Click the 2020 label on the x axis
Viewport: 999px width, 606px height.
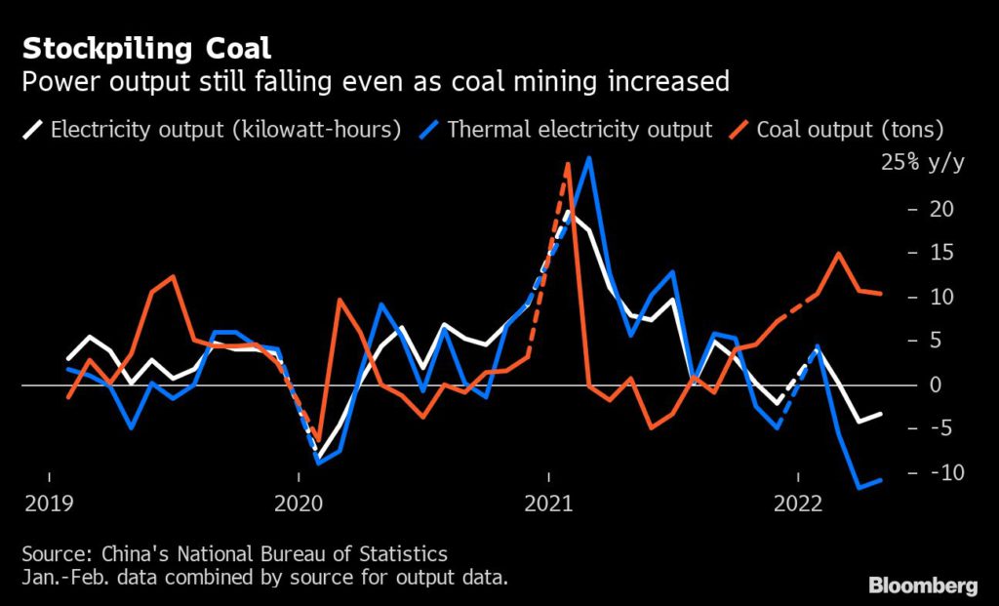click(x=299, y=504)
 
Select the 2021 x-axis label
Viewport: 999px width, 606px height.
click(x=548, y=504)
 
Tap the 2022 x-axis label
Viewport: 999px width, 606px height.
click(x=798, y=504)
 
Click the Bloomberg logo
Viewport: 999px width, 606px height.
click(x=923, y=586)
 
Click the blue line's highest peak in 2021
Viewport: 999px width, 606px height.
click(x=588, y=157)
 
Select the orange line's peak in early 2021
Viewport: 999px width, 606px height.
click(x=568, y=164)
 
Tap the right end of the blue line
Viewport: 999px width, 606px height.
click(x=881, y=479)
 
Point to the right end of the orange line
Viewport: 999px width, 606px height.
click(x=881, y=293)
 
